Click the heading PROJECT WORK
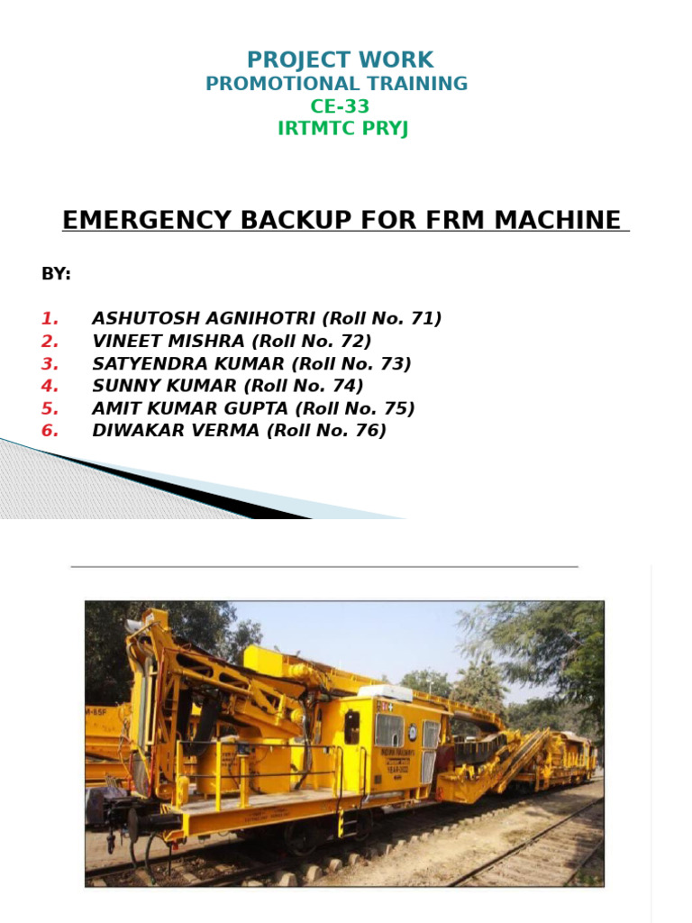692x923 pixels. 340,60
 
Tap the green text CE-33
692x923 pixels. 340,106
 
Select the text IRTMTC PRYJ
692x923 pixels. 342,129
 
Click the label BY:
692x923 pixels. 56,274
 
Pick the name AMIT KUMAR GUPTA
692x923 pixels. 189,408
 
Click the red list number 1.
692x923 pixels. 50,318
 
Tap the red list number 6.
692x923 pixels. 50,431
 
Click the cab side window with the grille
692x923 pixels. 388,728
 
